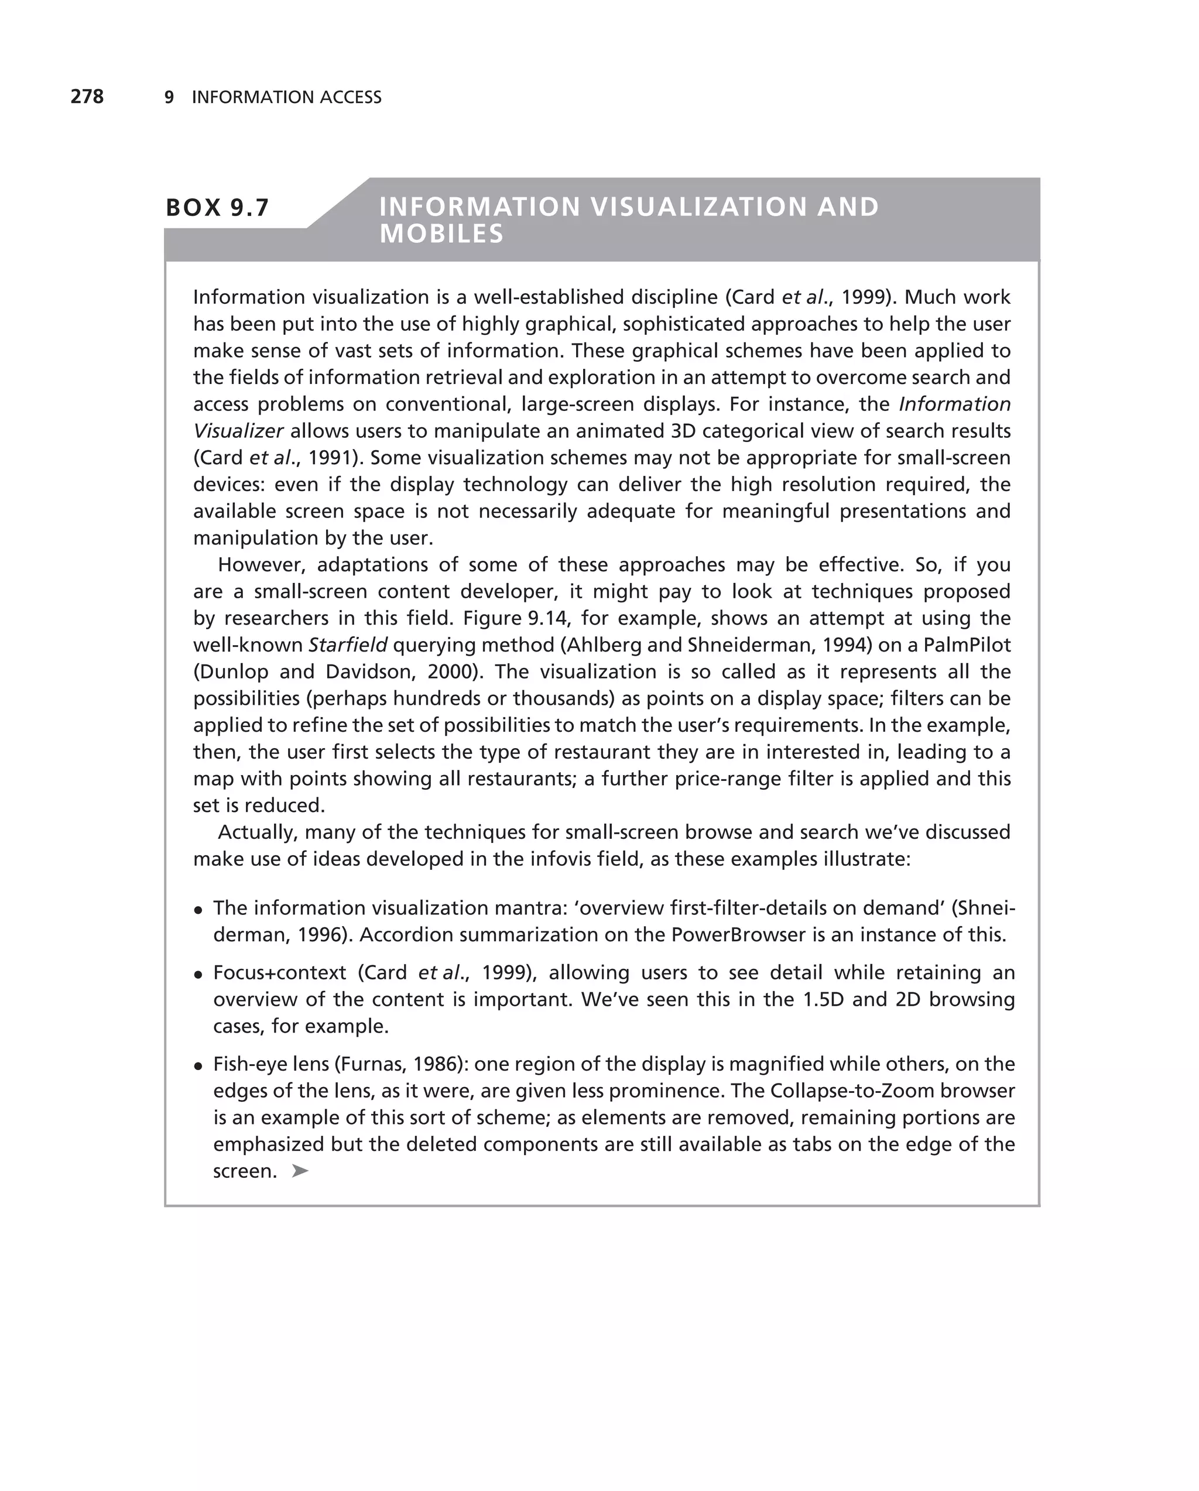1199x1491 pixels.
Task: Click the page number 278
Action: coord(87,97)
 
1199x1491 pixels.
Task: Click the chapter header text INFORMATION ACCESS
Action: coord(286,98)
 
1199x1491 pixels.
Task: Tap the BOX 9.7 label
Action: coord(217,207)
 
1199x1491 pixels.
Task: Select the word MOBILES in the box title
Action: coord(442,234)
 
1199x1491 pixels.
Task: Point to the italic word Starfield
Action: coord(348,645)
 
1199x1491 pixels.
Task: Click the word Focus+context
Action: coord(279,973)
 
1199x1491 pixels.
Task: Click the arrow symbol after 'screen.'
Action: coord(299,1171)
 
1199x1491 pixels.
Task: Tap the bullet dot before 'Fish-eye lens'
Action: coord(198,1065)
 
